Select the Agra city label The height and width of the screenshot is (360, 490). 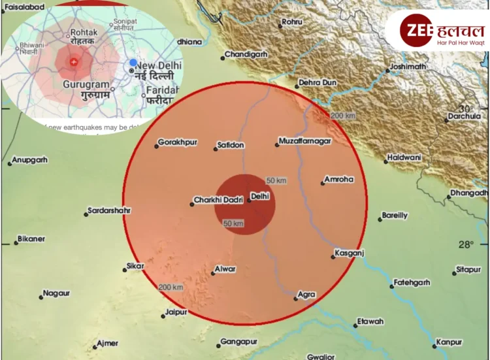coord(306,295)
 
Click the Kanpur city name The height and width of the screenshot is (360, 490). coord(449,342)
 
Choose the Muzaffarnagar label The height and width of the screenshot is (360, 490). coord(304,141)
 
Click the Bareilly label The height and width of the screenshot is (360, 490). coord(394,215)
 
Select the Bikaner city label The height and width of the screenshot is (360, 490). coord(31,238)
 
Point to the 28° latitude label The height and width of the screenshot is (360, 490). coord(465,245)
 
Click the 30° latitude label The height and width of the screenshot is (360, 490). coord(466,108)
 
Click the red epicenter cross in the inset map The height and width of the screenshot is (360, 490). coord(73,62)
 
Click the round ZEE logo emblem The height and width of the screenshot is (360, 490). coord(417,30)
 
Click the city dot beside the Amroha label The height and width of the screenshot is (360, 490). coord(323,183)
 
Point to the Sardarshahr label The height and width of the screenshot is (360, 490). coord(108,210)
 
